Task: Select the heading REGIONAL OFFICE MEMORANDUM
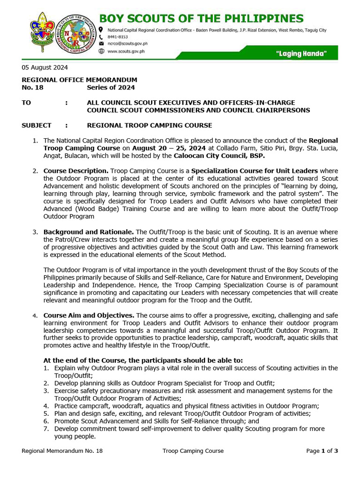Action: [x=79, y=80]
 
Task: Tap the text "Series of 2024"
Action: [x=111, y=88]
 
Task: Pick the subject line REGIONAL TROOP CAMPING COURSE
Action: [x=150, y=126]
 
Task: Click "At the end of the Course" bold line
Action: [x=143, y=360]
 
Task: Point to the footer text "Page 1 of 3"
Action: [x=322, y=451]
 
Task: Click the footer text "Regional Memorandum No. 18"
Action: [x=62, y=451]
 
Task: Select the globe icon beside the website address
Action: [x=101, y=51]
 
